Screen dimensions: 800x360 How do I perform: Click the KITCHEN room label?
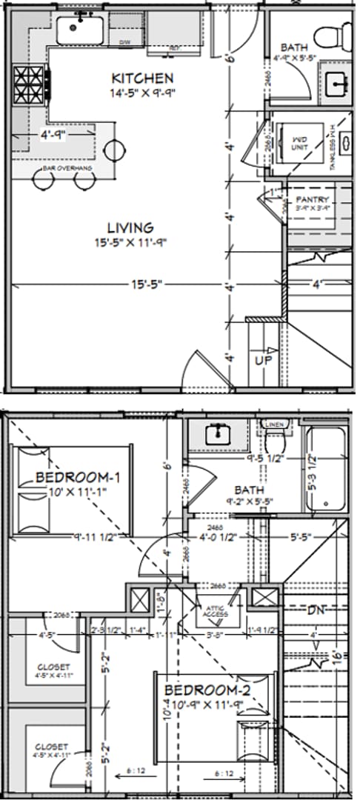[142, 78]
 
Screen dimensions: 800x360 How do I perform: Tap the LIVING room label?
[130, 228]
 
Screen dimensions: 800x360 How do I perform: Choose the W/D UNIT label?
[299, 141]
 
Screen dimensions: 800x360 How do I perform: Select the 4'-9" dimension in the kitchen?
[53, 135]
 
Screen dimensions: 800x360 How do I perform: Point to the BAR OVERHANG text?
[67, 169]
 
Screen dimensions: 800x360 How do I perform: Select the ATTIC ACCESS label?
[217, 610]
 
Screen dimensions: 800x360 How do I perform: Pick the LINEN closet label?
[274, 424]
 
